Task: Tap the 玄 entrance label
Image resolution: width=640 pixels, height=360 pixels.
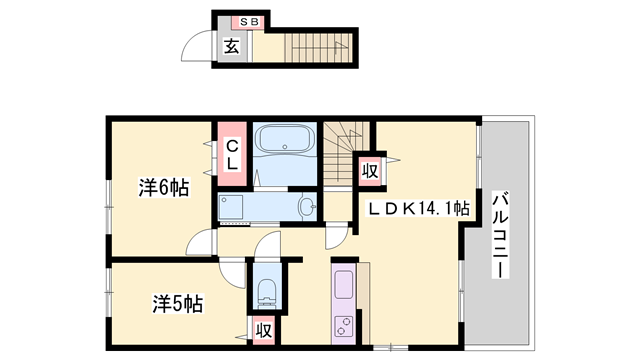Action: pyautogui.click(x=231, y=46)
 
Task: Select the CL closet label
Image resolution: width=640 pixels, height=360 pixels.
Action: pyautogui.click(x=231, y=153)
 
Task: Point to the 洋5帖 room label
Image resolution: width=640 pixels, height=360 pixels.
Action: pyautogui.click(x=178, y=302)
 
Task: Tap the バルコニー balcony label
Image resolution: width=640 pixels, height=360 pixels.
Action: pyautogui.click(x=500, y=229)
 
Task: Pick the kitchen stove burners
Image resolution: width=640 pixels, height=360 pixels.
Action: pyautogui.click(x=343, y=325)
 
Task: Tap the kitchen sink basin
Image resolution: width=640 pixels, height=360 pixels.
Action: pyautogui.click(x=343, y=284)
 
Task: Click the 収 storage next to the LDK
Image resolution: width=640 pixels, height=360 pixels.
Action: pyautogui.click(x=369, y=170)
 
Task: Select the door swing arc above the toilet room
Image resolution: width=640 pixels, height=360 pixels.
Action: pyautogui.click(x=267, y=248)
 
